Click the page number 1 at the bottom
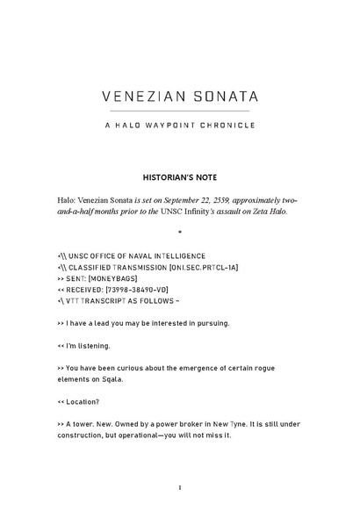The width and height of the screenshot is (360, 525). coord(179,487)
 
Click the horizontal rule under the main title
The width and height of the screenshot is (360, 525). coord(179,111)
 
